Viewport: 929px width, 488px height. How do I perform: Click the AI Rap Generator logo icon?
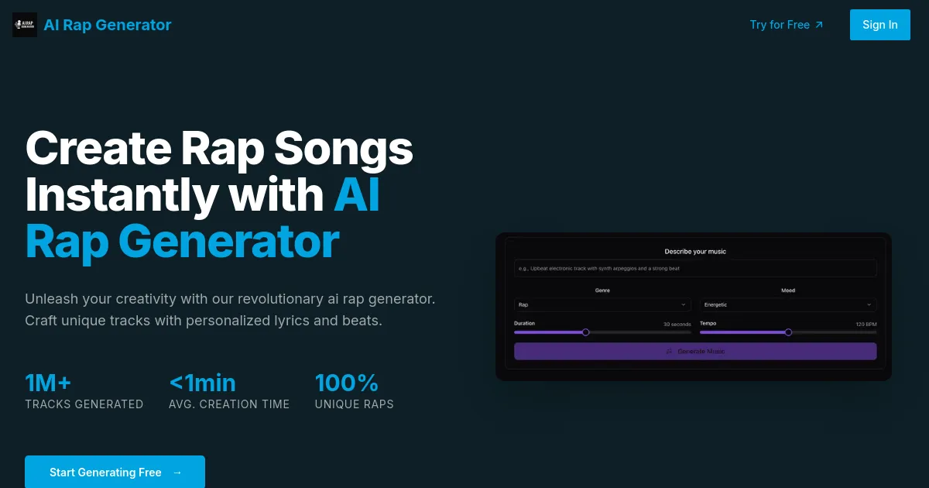click(x=25, y=25)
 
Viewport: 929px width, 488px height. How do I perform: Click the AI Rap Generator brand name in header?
click(x=108, y=25)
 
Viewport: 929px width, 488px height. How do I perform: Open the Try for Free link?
click(x=787, y=25)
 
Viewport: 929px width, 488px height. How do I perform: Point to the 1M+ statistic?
click(x=48, y=383)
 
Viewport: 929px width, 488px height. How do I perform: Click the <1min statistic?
click(x=202, y=383)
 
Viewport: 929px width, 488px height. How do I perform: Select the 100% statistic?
click(x=346, y=383)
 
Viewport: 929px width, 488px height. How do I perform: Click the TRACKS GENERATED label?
click(x=84, y=404)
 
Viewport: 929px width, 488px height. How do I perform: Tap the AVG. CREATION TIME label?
click(x=229, y=404)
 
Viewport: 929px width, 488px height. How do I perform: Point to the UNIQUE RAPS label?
click(x=354, y=404)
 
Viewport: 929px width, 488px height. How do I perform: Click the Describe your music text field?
click(x=694, y=269)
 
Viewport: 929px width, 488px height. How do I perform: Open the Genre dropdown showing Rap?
click(x=602, y=305)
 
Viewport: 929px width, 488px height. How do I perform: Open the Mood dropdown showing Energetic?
click(x=788, y=305)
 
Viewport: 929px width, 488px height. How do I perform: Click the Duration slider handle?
click(x=585, y=332)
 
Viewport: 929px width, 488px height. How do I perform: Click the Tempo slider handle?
click(x=788, y=332)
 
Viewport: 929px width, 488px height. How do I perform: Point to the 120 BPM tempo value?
click(x=866, y=324)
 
